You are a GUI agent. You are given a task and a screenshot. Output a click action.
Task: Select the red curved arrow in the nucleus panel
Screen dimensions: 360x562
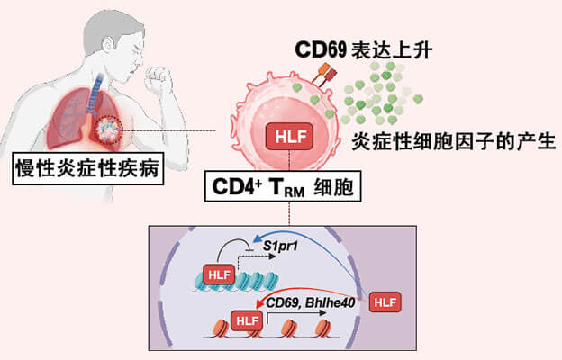tap(315, 290)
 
